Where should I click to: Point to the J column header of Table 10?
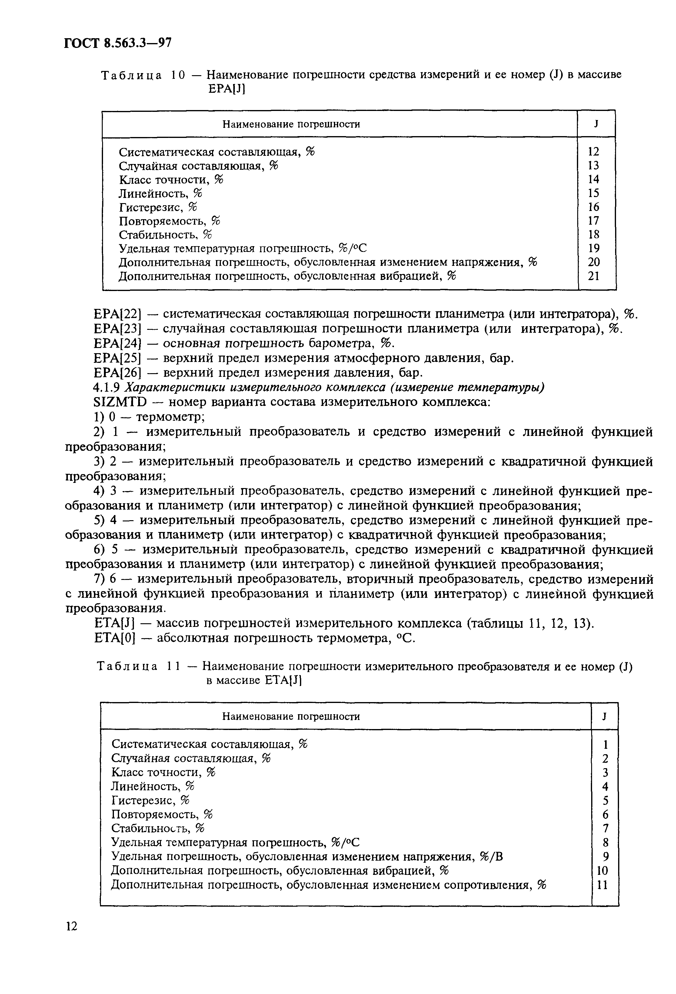596,124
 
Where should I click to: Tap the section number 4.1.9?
107,387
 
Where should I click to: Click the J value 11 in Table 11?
602,885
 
